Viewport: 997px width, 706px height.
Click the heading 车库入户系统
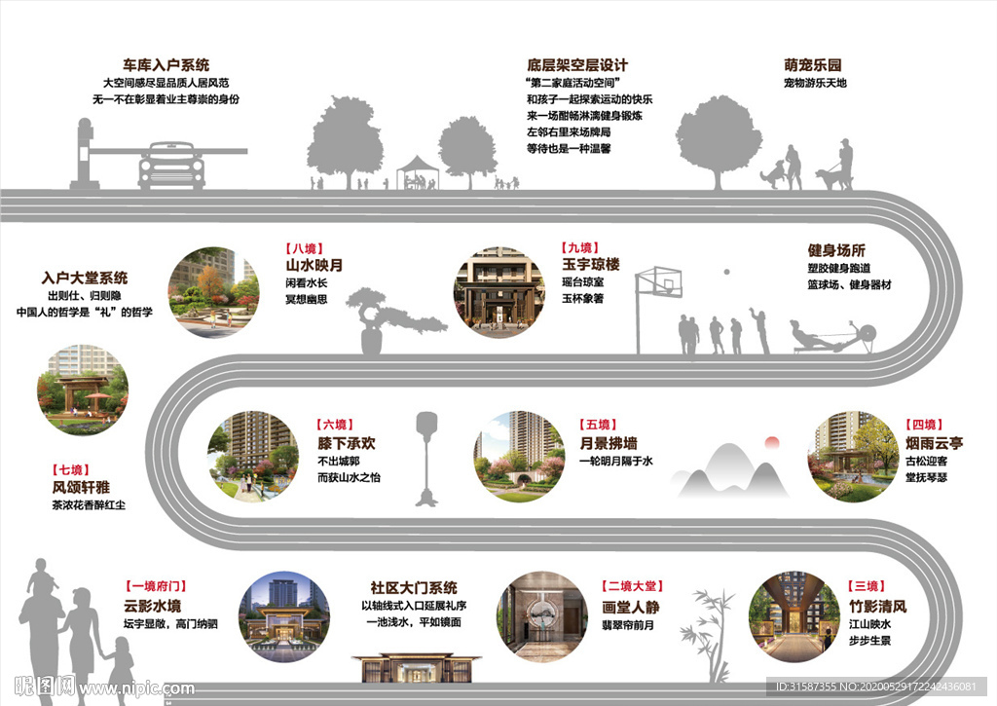pyautogui.click(x=166, y=65)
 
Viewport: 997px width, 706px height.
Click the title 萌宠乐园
pyautogui.click(x=813, y=65)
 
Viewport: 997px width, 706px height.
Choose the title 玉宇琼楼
pyautogui.click(x=590, y=265)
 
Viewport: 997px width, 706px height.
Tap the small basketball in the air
pyautogui.click(x=724, y=270)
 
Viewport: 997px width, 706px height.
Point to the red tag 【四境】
pyautogui.click(x=924, y=425)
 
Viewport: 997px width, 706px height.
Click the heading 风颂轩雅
pyautogui.click(x=81, y=488)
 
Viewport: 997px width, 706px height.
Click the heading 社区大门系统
pyautogui.click(x=413, y=588)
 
